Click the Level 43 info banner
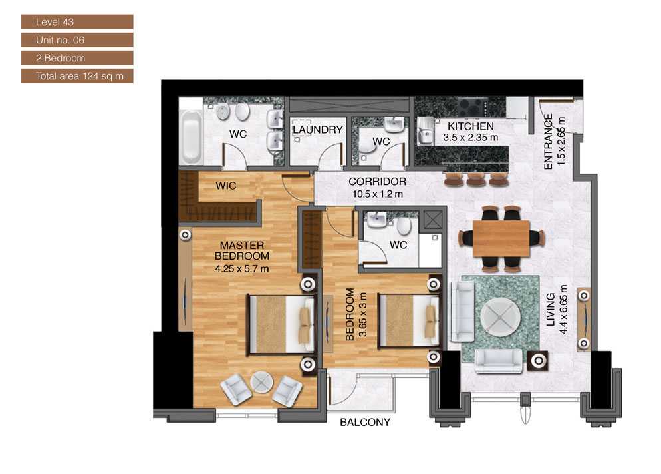tap(76, 22)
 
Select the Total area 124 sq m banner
tap(76, 76)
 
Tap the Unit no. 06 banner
tap(76, 40)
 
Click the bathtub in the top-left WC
tap(192, 137)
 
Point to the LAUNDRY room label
tap(317, 130)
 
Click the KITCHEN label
tap(470, 126)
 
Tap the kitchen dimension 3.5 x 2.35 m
tap(470, 138)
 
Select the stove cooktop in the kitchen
tap(473, 105)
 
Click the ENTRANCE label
tap(549, 142)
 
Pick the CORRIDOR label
tap(377, 182)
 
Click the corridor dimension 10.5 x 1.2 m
tap(377, 194)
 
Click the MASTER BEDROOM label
tap(242, 251)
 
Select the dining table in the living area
tap(502, 238)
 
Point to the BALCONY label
tap(365, 422)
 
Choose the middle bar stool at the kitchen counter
tap(476, 179)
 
